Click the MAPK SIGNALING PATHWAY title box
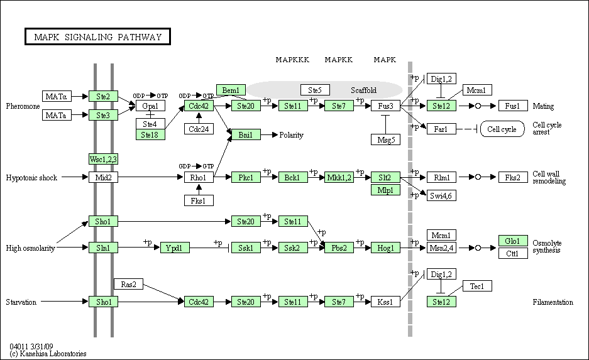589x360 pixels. pos(97,37)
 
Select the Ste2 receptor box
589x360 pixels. pos(103,97)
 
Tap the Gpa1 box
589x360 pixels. pos(150,106)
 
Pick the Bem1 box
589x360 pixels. pos(231,90)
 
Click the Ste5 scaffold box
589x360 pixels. pos(315,90)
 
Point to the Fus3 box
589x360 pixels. pos(385,106)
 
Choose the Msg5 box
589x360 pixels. pos(386,139)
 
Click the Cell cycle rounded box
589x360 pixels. pos(502,129)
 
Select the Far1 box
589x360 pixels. pos(441,129)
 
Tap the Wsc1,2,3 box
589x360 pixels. pos(103,159)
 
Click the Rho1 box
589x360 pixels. pos(199,177)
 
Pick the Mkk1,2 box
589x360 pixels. pos(339,177)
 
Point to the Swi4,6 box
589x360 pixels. pos(441,195)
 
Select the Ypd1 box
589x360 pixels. pos(175,248)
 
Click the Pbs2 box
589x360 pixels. pos(339,248)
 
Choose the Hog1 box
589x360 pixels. pos(385,248)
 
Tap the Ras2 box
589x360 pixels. pos(128,284)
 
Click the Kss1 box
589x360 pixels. pos(385,302)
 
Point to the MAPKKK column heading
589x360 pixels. pos(293,60)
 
